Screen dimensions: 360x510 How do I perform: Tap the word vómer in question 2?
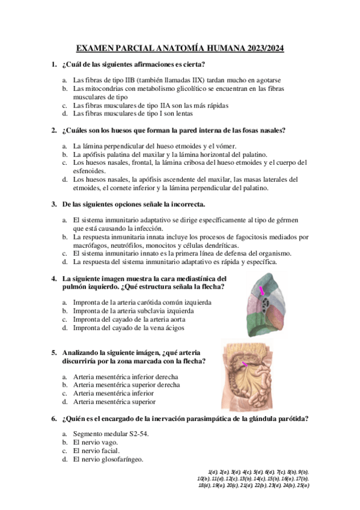[x=226, y=146]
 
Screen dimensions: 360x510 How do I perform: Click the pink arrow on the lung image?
[x=262, y=290]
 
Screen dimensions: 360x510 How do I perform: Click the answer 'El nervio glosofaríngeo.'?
[x=108, y=459]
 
